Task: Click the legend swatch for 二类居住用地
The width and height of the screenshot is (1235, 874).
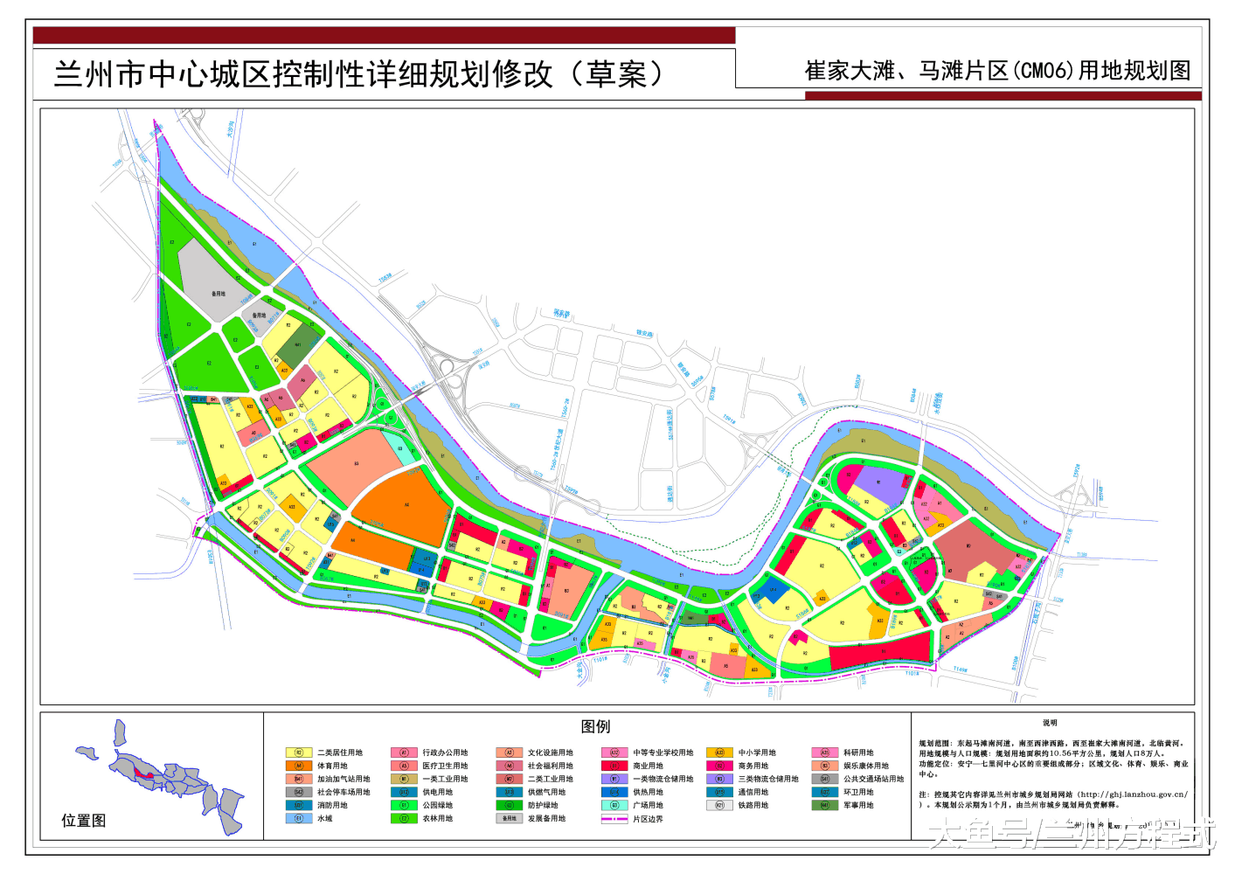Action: point(298,753)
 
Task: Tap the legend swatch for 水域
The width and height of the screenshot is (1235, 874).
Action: point(298,819)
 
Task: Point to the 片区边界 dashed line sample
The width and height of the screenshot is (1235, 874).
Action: point(614,819)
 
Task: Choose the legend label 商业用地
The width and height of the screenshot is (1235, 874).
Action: point(648,766)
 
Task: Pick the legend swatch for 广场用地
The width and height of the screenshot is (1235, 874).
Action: point(614,806)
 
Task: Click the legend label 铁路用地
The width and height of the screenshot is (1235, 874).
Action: point(753,806)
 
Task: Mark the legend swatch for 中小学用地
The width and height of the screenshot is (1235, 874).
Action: point(719,753)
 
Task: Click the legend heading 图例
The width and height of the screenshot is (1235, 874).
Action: point(595,727)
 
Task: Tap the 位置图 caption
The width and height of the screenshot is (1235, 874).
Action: point(84,821)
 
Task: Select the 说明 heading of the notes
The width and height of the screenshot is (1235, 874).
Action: point(1050,724)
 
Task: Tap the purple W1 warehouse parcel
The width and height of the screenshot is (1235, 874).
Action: point(878,485)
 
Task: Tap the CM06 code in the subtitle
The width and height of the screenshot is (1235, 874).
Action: point(1044,71)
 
